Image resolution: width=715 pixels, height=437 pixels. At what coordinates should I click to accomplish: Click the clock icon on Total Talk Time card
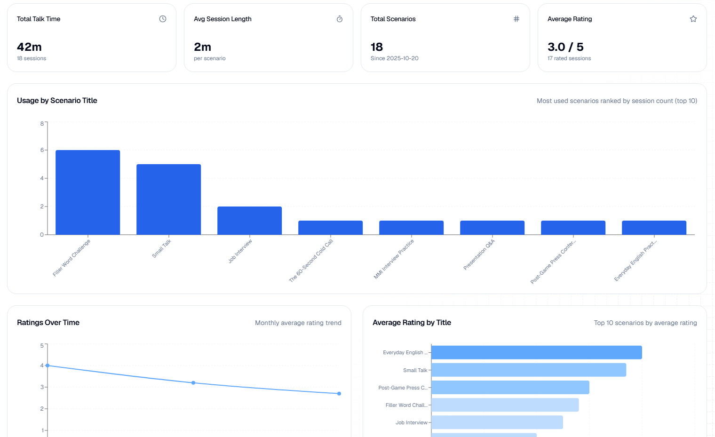163,19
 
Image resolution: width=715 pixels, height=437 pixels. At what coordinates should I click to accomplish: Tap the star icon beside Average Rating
693,19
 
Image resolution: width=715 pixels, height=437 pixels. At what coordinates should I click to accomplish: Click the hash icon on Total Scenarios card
516,19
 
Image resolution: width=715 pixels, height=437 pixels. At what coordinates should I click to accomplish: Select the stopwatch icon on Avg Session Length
340,19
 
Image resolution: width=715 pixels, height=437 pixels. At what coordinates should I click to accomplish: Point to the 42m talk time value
29,47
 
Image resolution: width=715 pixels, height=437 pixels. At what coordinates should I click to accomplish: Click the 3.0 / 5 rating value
565,47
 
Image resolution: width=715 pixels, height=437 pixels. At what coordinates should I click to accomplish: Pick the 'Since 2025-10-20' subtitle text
394,58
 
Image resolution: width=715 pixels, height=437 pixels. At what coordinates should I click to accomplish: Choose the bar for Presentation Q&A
492,227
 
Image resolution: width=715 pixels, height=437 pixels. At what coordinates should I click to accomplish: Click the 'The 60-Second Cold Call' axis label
311,260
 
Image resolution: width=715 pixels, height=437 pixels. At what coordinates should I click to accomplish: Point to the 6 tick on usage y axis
42,150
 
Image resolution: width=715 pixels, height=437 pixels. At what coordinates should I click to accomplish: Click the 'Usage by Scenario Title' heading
57,101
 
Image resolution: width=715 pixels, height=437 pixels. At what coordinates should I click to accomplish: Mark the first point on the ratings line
48,365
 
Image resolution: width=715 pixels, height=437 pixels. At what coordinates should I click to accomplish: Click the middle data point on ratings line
193,383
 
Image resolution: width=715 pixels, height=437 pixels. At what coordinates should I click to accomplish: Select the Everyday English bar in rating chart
536,352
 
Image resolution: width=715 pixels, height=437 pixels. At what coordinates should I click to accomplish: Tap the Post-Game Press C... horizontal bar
510,388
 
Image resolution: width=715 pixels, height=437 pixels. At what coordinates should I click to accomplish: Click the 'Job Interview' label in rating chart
411,422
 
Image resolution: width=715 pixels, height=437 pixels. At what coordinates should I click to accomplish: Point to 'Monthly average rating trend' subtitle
298,323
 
